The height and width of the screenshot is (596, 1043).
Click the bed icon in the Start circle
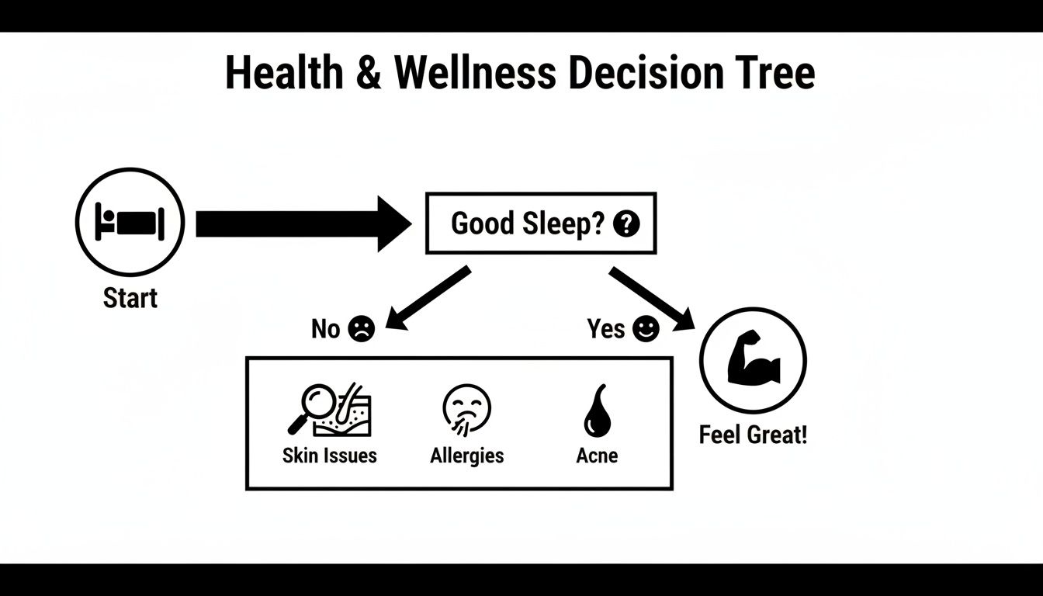pos(130,222)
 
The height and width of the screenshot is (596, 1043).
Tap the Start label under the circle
pos(130,298)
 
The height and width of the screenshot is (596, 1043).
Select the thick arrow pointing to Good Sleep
pos(303,224)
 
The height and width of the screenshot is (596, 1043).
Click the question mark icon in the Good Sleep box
pos(625,224)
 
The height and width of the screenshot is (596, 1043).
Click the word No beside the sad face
pos(326,329)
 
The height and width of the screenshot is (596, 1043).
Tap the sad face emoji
pos(362,329)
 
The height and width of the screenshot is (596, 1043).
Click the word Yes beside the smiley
pos(606,329)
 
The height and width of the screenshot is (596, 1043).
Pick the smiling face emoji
pos(645,329)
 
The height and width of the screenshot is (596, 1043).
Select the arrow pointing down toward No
pos(428,298)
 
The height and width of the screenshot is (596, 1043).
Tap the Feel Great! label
pos(753,435)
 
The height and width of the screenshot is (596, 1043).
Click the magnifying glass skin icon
pos(329,410)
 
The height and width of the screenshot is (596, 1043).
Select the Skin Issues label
pos(330,456)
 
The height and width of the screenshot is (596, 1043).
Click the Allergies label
pos(466,456)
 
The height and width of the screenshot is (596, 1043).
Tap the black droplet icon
pos(597,414)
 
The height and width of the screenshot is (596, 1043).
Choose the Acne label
pos(597,456)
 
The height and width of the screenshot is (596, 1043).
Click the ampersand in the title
pos(369,74)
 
